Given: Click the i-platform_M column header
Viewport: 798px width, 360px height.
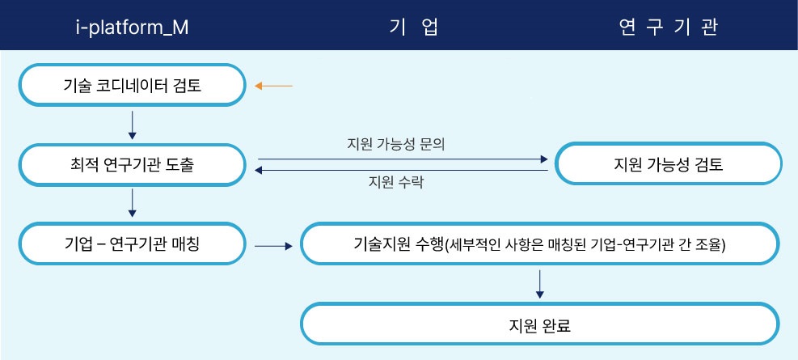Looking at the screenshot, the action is coord(132,28).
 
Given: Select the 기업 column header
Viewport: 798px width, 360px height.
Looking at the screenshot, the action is coord(414,28).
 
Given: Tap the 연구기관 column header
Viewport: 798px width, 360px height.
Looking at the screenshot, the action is coord(668,28).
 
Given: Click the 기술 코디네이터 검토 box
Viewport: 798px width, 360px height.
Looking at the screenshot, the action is coord(133,85).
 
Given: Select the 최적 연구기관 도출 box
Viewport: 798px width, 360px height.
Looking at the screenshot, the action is coord(133,165).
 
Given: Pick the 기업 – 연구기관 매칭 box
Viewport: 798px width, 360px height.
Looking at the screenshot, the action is coord(133,244).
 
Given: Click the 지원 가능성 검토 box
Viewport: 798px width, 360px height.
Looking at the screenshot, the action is coord(668,163).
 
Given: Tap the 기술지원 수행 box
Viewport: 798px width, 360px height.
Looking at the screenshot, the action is coord(539,244).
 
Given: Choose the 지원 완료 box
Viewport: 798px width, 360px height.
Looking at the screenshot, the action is coord(539,324).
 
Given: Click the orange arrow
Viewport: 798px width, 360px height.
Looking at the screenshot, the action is coord(274,86).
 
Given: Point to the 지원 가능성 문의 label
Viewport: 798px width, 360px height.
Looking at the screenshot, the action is coord(396,145).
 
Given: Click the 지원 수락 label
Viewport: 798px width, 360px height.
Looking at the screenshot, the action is coord(396,182).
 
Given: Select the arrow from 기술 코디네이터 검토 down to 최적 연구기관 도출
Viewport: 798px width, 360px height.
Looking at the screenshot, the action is coord(133,125).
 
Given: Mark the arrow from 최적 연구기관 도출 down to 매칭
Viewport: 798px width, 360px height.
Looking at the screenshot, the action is coord(133,203).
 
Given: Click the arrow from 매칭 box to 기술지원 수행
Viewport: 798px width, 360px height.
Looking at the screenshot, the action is coord(274,247).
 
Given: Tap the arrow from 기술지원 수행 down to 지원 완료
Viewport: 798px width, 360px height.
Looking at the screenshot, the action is coord(540,284).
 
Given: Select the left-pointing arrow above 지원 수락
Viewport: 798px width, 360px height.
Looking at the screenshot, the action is coord(401,171).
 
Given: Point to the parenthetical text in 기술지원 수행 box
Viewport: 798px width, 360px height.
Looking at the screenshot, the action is coord(585,244).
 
